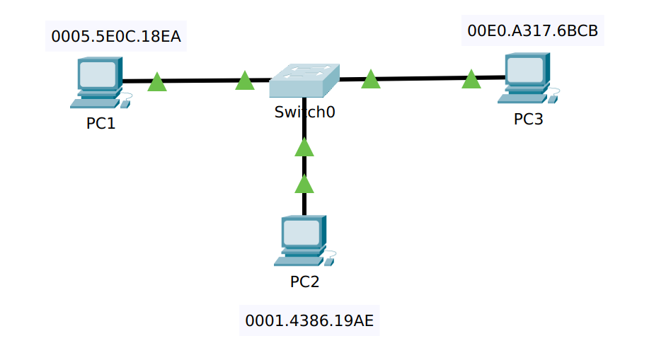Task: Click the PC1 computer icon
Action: pos(99,83)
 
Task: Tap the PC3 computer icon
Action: pos(527,79)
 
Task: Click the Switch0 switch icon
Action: pos(304,81)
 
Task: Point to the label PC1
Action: pos(101,123)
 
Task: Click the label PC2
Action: pos(304,281)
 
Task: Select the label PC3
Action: pos(528,119)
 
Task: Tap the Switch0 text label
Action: pos(304,112)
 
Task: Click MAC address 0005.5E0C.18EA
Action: pos(116,37)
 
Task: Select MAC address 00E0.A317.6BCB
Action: pos(532,31)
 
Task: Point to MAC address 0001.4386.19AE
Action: pos(309,321)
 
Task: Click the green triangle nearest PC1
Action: pos(157,83)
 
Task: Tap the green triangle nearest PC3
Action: pos(471,80)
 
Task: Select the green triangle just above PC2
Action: pos(304,185)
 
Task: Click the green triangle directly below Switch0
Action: pos(304,148)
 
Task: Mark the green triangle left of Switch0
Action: pos(244,81)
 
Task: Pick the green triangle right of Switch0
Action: pos(371,80)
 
